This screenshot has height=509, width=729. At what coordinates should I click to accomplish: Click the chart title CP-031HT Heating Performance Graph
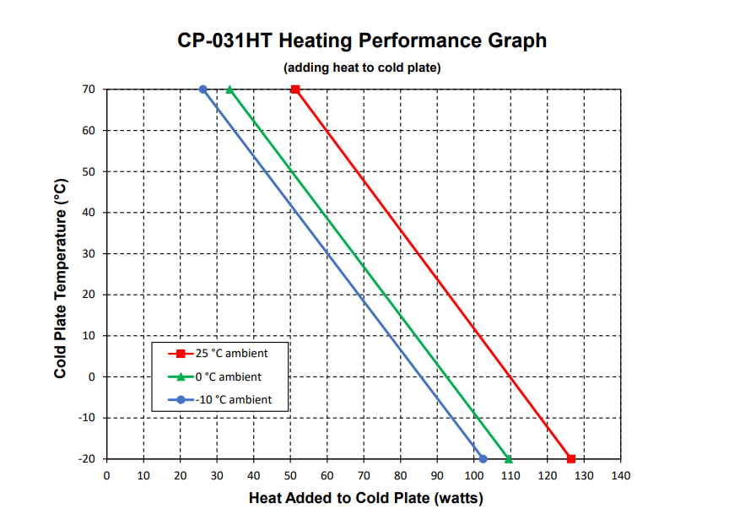pyautogui.click(x=362, y=40)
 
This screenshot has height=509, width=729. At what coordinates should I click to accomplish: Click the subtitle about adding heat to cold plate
pyautogui.click(x=362, y=68)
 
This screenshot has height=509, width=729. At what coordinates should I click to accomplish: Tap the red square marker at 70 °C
pyautogui.click(x=295, y=89)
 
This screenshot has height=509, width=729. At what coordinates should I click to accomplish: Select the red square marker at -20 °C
pyautogui.click(x=571, y=459)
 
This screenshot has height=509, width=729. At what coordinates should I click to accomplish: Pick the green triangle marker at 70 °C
pyautogui.click(x=229, y=89)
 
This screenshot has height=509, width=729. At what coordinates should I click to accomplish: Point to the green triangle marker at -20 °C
pyautogui.click(x=509, y=459)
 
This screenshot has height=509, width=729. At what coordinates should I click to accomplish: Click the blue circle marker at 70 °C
pyautogui.click(x=202, y=89)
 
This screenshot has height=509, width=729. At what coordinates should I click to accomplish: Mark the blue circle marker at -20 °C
pyautogui.click(x=483, y=459)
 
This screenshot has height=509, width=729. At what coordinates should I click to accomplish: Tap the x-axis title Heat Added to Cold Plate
pyautogui.click(x=365, y=498)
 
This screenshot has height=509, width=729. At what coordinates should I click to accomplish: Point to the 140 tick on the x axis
pyautogui.click(x=620, y=476)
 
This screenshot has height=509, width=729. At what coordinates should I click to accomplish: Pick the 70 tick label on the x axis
pyautogui.click(x=364, y=476)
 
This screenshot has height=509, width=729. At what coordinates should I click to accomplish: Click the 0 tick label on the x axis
pyautogui.click(x=106, y=476)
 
